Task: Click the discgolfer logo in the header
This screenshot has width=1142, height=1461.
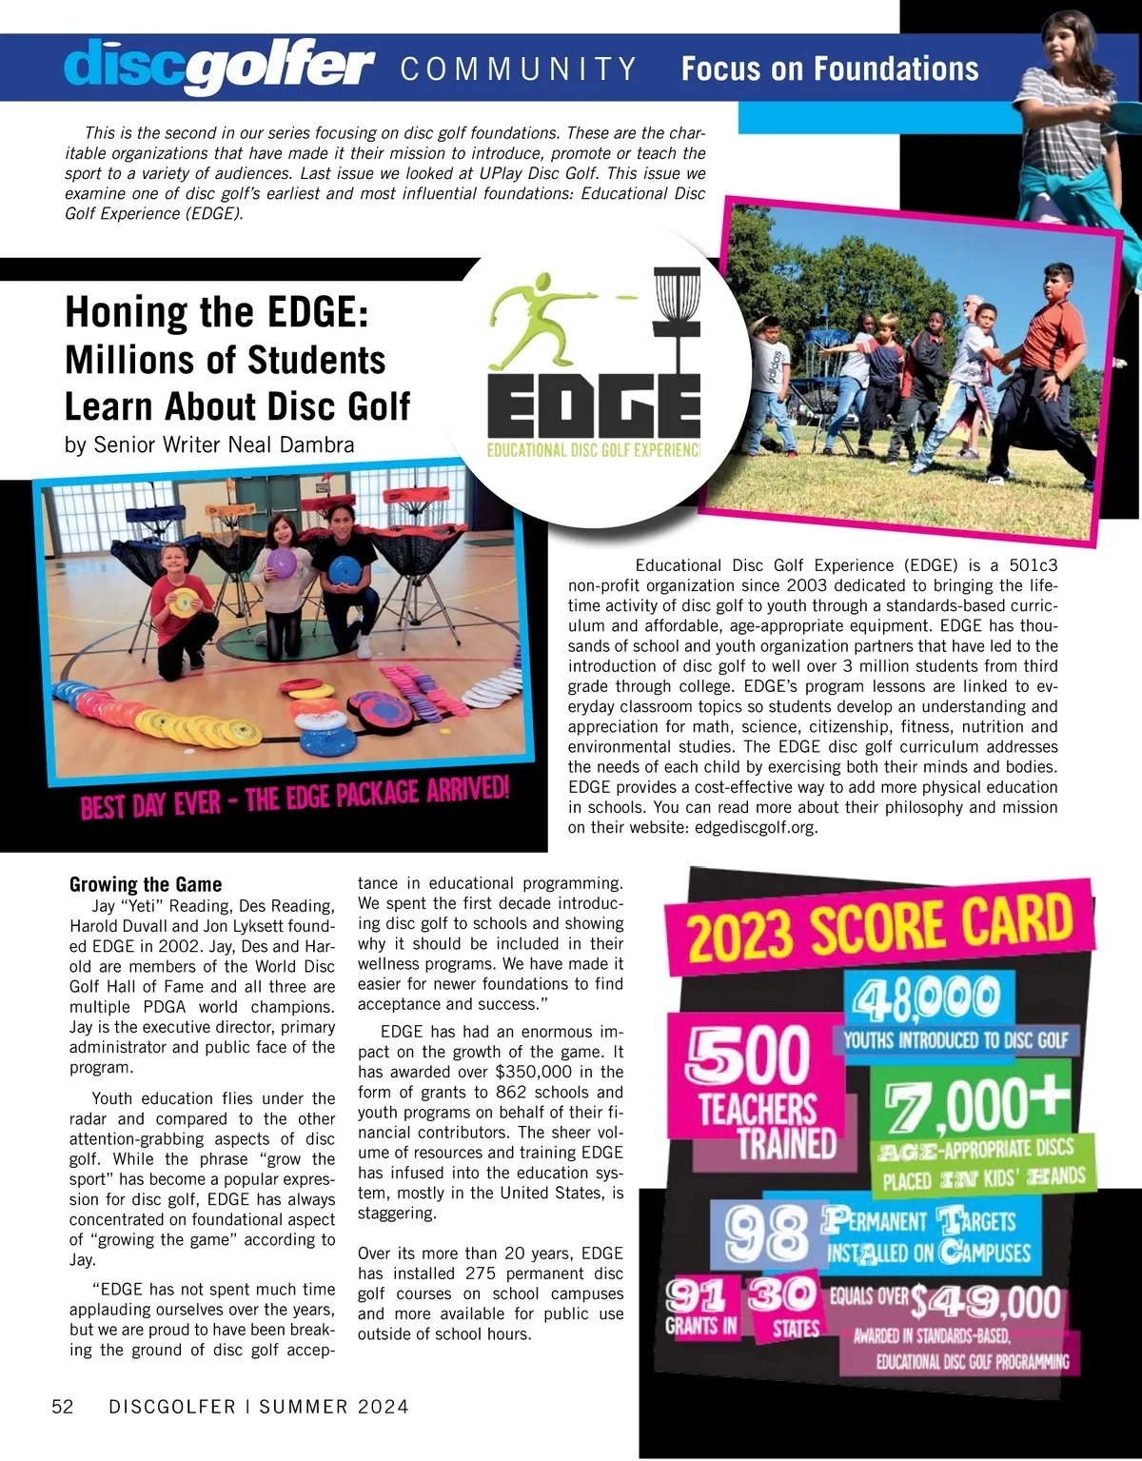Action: tap(219, 67)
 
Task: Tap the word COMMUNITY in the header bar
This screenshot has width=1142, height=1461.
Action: tap(519, 69)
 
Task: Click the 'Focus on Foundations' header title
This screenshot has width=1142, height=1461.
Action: tap(830, 69)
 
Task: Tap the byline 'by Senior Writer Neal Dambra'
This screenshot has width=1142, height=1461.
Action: tap(209, 444)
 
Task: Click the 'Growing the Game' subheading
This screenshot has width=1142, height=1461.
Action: tap(146, 884)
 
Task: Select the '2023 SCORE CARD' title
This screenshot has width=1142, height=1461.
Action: tap(880, 927)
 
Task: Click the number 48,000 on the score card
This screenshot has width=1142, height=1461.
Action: tap(923, 999)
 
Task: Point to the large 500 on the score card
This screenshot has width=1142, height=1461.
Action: tap(749, 1055)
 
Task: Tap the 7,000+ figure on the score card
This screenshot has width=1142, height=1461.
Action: tap(975, 1104)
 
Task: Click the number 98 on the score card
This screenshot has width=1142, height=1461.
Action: tap(766, 1235)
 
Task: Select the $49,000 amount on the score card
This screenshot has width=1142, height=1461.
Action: tap(985, 1301)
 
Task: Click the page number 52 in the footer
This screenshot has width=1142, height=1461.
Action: tap(63, 1407)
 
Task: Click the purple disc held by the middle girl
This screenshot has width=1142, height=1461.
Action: tap(284, 563)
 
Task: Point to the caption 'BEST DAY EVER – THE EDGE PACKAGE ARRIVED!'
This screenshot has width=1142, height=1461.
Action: tap(295, 798)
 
